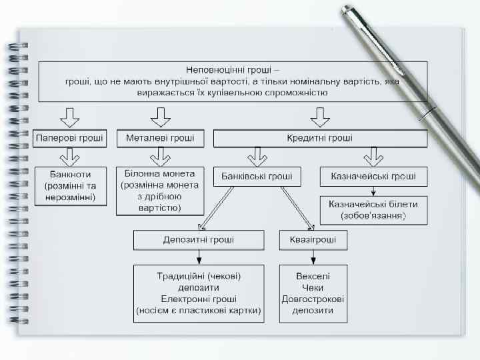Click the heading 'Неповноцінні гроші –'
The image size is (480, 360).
[x=233, y=69]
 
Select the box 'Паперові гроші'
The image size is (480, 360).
[x=69, y=139]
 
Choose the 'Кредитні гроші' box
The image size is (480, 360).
[x=320, y=139]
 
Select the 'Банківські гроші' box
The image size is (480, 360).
[x=257, y=177]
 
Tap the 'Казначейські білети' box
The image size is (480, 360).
[x=373, y=209]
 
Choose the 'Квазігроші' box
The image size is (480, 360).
[x=313, y=240]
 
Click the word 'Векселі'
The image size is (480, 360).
[x=313, y=276]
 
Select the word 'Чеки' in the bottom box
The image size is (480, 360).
[x=313, y=287]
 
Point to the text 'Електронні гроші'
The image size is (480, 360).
[x=199, y=299]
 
